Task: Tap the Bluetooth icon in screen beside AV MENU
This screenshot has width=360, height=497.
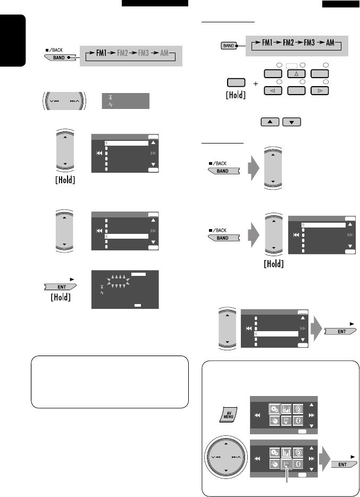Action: pyautogui.click(x=298, y=420)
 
